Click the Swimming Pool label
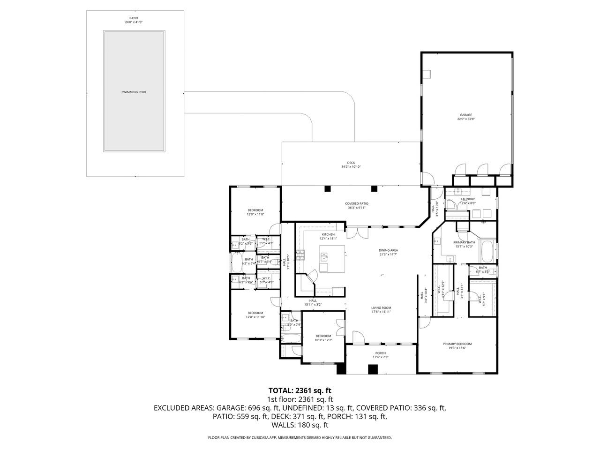point(134,92)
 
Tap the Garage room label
point(465,115)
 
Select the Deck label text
point(351,163)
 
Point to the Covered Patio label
point(356,204)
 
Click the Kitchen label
point(328,234)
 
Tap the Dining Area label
point(388,250)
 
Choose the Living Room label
point(381,308)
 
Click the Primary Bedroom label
point(457,344)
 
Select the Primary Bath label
point(463,242)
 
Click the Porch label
point(380,353)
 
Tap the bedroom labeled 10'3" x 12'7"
point(323,336)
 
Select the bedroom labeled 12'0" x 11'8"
point(255,210)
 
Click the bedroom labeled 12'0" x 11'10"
point(255,313)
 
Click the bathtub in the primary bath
point(487,252)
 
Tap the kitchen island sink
point(324,257)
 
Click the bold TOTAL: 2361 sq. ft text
point(300,390)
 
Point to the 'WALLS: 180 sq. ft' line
point(300,425)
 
